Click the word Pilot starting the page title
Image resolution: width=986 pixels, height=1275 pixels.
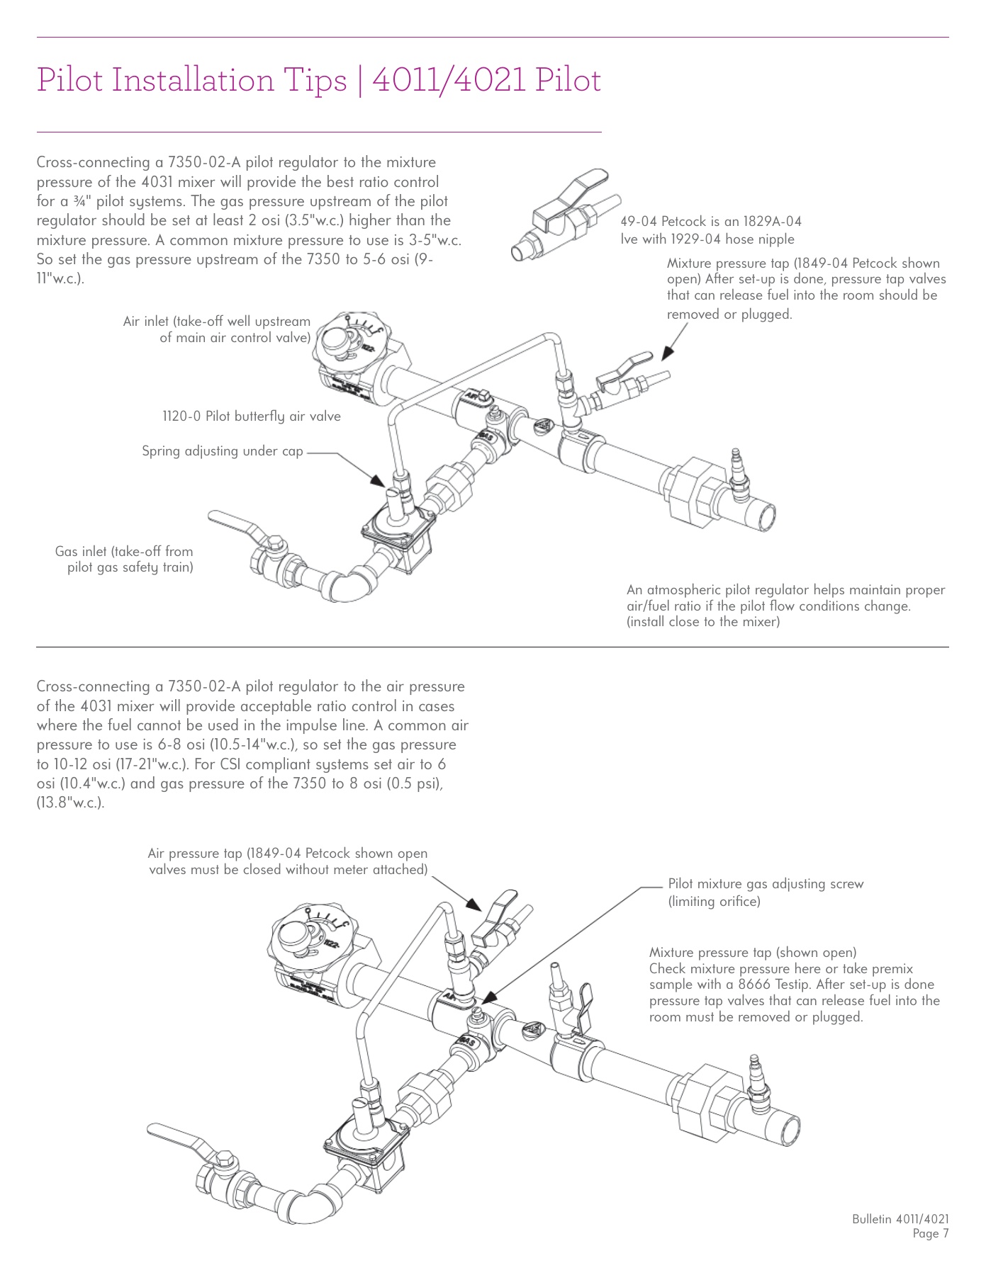coord(70,79)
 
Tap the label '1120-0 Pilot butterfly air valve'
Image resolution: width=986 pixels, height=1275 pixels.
coord(252,416)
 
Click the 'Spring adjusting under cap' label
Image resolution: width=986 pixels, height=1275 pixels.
coord(222,451)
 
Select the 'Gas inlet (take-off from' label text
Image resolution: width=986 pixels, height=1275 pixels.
coord(124,551)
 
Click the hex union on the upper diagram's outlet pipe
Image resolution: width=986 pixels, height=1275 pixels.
coord(688,489)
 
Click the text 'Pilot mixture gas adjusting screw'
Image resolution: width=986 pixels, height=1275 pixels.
coord(766,884)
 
